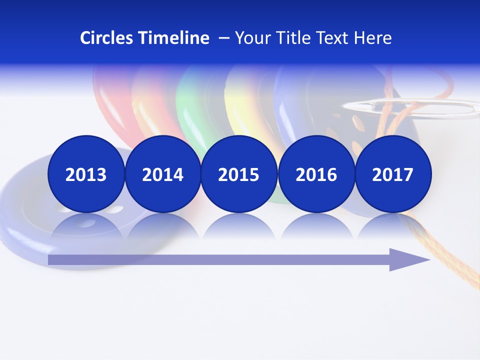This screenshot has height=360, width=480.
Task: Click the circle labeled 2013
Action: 86,174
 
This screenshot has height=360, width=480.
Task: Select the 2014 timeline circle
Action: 162,174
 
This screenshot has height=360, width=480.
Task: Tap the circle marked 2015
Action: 239,174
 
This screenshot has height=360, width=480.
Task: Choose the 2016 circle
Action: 316,174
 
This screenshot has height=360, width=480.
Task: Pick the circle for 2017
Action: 392,174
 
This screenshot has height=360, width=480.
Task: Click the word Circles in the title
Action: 107,38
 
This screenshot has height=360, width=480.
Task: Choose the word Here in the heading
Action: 373,38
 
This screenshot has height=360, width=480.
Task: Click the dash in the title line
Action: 224,38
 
